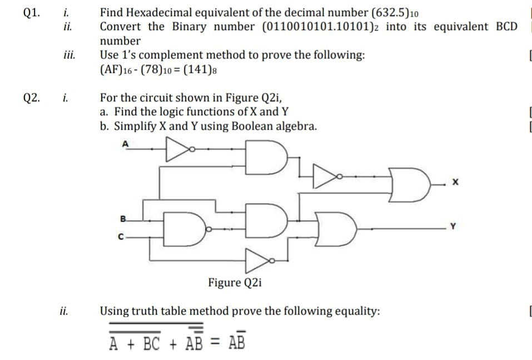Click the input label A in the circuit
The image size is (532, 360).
[125, 143]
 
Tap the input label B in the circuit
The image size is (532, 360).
[123, 218]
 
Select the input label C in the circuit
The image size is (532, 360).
[121, 236]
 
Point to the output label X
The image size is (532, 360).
[455, 183]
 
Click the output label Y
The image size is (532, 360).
[455, 226]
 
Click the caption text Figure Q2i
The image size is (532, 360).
[234, 283]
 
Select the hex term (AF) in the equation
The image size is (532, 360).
[111, 70]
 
